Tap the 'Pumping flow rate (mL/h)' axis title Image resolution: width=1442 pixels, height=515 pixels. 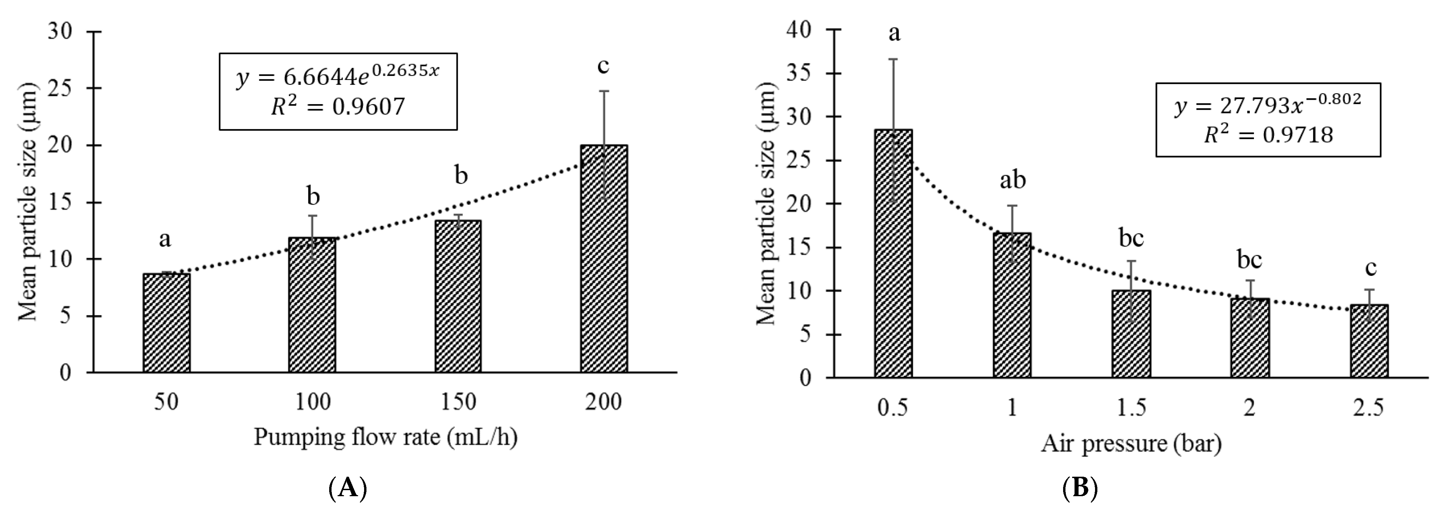[385, 437]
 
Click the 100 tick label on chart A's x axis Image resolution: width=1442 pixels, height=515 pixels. [312, 402]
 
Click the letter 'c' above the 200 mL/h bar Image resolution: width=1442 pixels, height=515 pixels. [603, 66]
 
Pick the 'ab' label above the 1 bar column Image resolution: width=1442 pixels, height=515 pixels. [1013, 180]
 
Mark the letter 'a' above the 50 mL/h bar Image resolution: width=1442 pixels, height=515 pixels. [165, 240]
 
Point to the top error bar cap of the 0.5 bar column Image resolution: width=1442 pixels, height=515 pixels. [893, 59]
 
